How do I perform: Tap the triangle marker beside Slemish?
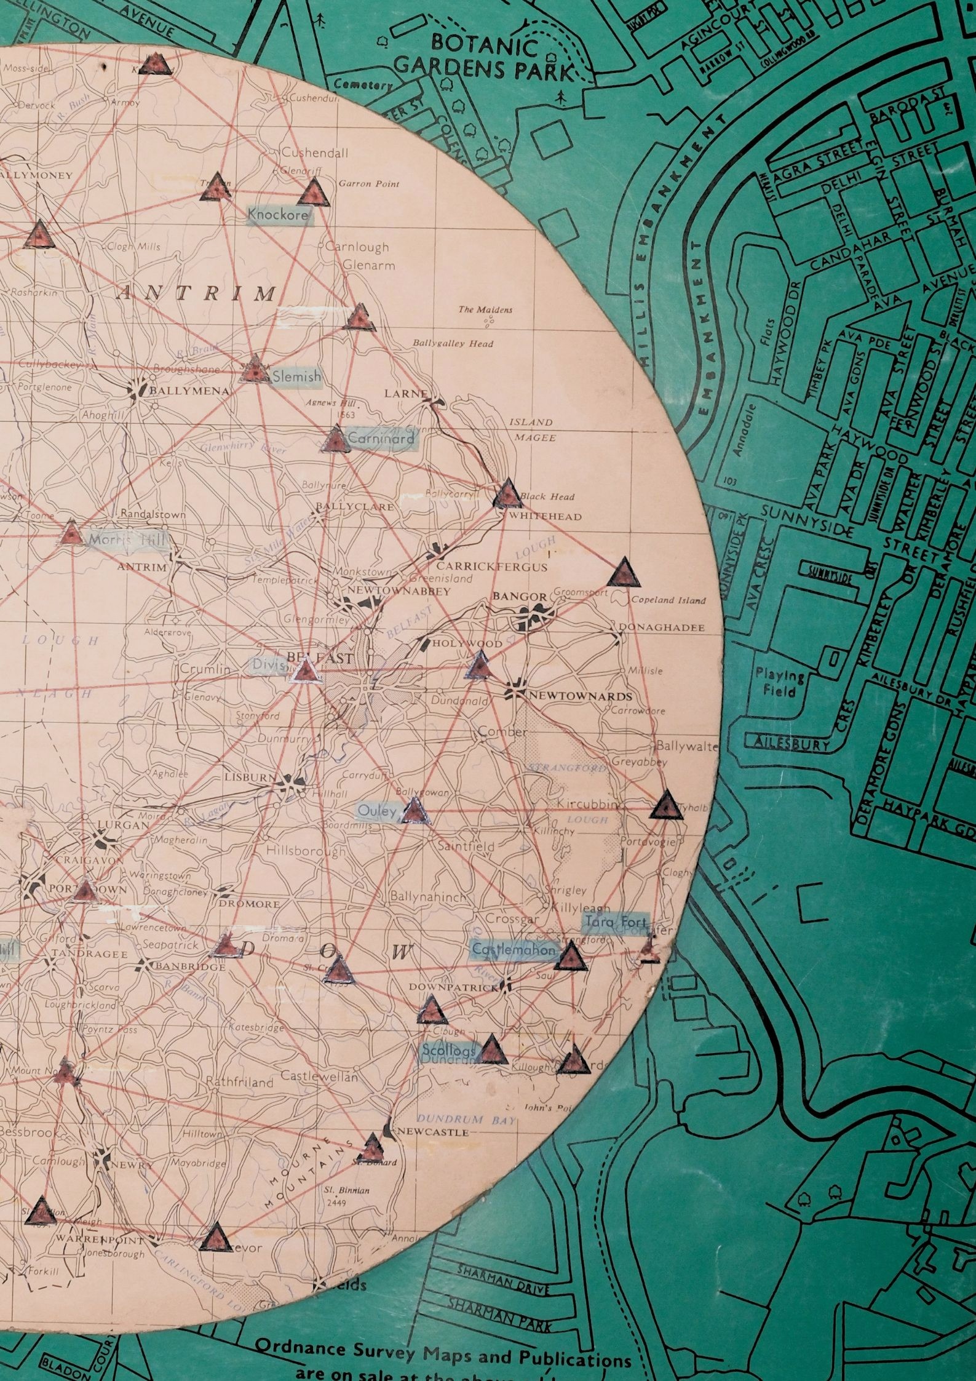[253, 370]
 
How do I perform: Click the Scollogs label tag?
[449, 1052]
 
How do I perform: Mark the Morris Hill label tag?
[127, 540]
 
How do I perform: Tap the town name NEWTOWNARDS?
[578, 696]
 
